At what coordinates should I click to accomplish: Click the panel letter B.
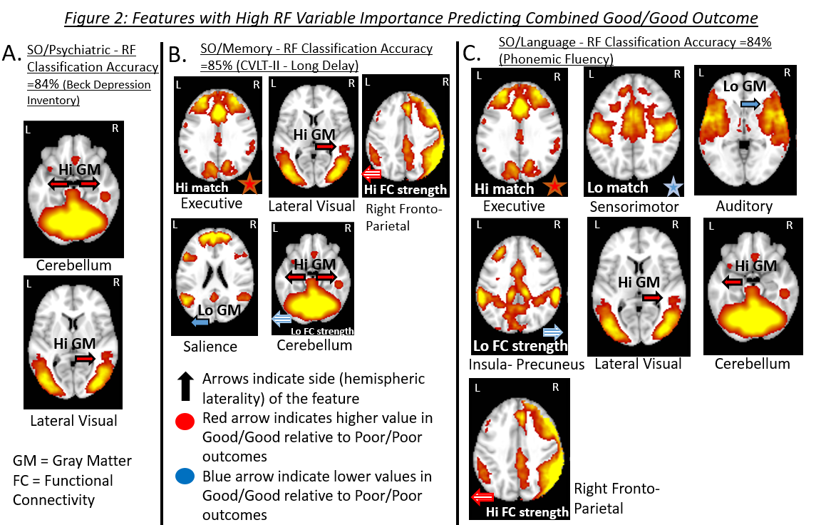point(179,55)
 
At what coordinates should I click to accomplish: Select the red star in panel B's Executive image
point(249,185)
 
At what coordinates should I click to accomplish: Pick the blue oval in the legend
point(185,476)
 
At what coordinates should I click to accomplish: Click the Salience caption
point(210,347)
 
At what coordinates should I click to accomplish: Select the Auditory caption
point(744,206)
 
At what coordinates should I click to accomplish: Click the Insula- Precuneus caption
point(527,365)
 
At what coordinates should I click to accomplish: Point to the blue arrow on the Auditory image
point(750,104)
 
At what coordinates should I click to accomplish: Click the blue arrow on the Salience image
point(200,322)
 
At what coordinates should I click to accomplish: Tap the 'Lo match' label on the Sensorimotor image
point(617,188)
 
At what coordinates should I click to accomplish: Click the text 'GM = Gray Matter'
point(72,461)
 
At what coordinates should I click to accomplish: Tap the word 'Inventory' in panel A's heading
point(53,101)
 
